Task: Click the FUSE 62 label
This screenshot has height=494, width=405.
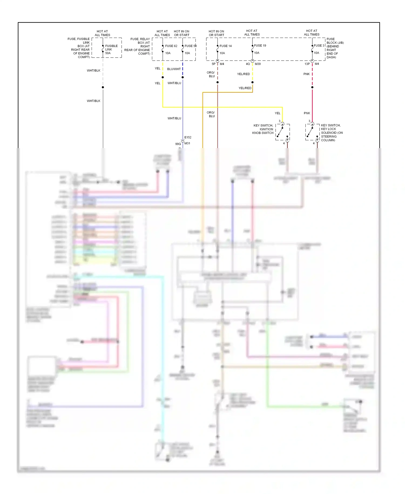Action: coord(171,46)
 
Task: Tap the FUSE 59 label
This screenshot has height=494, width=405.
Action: coord(190,46)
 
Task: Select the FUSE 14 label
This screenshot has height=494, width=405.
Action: coord(225,46)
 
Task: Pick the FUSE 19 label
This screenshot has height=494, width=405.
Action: coord(260,46)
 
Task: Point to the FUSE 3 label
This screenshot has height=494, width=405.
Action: coord(319,46)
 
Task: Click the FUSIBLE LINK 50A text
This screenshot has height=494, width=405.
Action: coord(111,49)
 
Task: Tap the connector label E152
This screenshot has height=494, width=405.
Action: coord(188,137)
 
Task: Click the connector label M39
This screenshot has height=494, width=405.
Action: coord(258,64)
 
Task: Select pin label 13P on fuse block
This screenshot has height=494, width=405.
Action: coord(307,64)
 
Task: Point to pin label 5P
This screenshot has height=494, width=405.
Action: coord(214,64)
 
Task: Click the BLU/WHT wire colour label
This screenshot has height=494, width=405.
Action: coord(174,69)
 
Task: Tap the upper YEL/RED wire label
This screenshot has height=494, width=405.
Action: coord(243,74)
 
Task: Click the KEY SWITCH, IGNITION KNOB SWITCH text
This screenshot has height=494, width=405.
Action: coord(263,129)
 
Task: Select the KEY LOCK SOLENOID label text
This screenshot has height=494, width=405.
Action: coord(332,133)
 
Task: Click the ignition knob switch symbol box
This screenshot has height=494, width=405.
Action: coord(282,132)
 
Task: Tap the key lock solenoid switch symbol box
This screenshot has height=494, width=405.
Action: coord(312,132)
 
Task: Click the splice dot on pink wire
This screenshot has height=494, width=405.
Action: coord(312,87)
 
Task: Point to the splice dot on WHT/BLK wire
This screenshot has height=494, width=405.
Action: coord(103,87)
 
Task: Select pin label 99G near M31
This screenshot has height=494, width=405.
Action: coord(178,144)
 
